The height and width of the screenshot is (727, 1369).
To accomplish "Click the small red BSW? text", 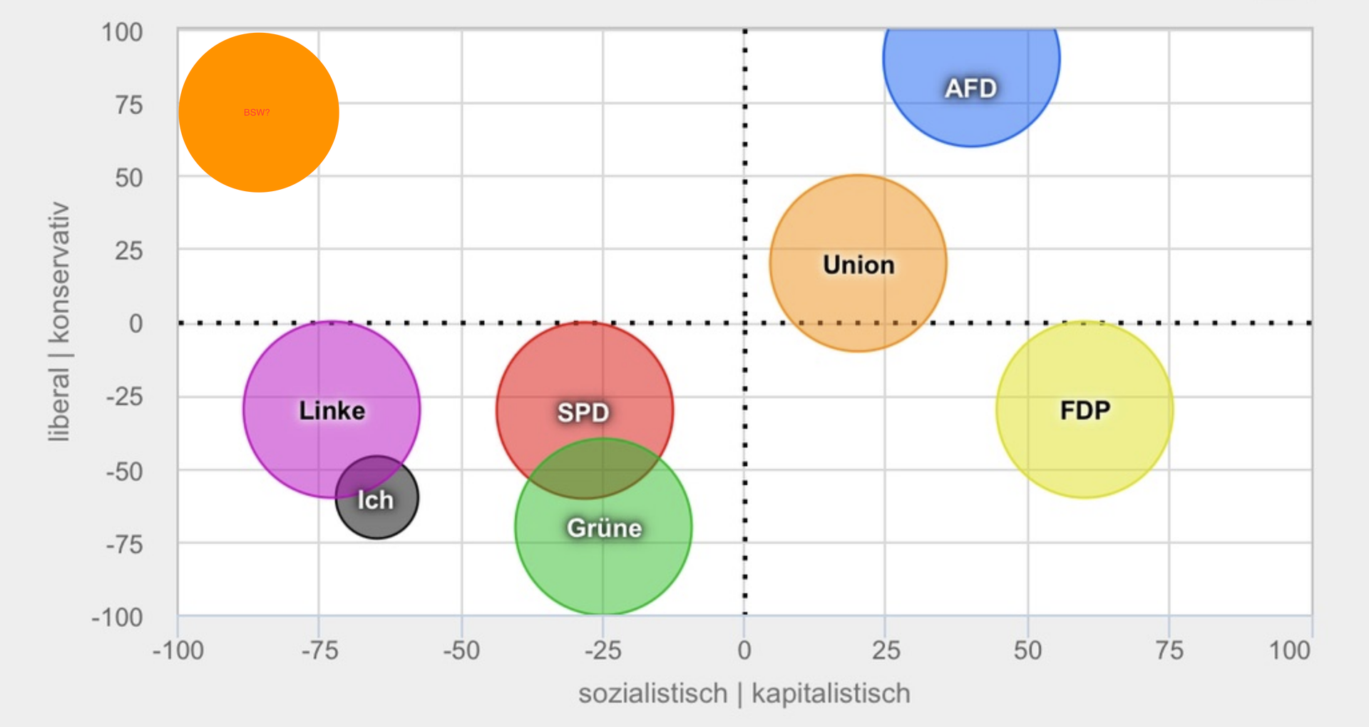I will point(257,113).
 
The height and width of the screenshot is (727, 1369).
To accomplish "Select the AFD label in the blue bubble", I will point(970,88).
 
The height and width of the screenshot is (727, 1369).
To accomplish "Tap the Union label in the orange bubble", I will point(858,265).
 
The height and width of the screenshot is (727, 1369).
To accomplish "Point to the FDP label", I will point(1085,410).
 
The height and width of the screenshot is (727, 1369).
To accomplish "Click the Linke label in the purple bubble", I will point(332,410).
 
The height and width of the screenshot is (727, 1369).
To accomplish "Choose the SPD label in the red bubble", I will point(583,412).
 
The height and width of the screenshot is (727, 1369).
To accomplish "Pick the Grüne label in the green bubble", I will point(604,528).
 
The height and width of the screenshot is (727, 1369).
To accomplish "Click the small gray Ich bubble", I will point(376,499).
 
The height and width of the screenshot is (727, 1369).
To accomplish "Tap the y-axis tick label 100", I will point(122,32).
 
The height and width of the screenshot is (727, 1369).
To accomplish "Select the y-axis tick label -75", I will point(124,545).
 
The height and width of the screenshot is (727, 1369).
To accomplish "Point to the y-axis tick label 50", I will point(128,178).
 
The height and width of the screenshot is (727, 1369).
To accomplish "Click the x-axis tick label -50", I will point(461,651).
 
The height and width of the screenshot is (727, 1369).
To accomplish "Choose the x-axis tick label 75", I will point(1169,651).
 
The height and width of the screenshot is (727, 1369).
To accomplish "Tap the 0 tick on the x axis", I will point(744,651).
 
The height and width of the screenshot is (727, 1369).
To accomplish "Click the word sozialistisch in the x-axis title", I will point(652,693).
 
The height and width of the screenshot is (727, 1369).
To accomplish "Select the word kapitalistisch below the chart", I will point(831,693).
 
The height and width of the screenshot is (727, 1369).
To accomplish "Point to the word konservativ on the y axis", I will point(58,272).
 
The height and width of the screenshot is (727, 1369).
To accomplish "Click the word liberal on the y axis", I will point(58,405).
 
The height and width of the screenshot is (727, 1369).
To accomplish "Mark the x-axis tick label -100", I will point(178,651).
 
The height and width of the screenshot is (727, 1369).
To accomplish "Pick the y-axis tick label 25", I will point(128,250).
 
